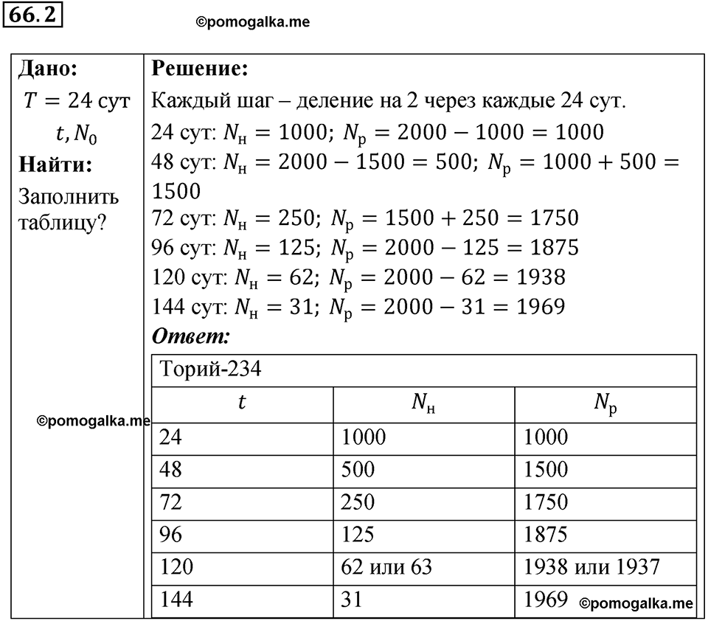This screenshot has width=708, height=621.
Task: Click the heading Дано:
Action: click(48, 69)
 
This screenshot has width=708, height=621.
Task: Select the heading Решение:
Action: click(199, 69)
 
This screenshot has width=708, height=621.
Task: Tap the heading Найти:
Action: click(55, 164)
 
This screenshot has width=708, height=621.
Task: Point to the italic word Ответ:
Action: click(191, 337)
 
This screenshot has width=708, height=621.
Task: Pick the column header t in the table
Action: click(243, 403)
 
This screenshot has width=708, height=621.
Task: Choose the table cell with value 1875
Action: click(546, 535)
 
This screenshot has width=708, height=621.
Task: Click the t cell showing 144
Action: click(176, 600)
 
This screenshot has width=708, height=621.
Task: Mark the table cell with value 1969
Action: click(546, 600)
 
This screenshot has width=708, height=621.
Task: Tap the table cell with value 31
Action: click(352, 600)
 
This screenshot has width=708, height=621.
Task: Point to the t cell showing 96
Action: click(170, 535)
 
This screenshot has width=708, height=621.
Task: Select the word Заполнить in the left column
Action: click(68, 198)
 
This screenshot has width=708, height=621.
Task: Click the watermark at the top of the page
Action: click(252, 23)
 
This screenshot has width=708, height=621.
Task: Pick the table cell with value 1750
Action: click(546, 502)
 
